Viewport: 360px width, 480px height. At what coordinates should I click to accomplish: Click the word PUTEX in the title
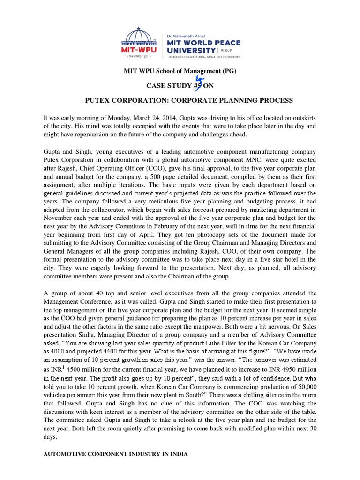pos(98,100)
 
